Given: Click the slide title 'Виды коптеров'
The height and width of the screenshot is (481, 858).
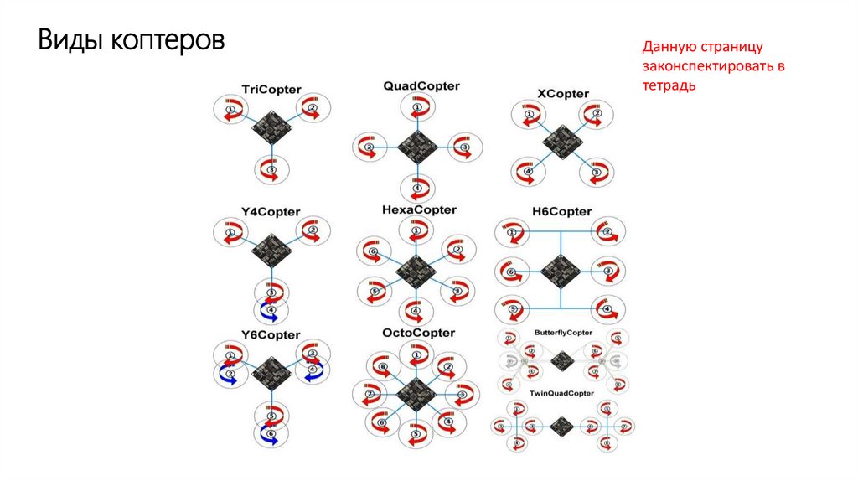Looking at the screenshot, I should pyautogui.click(x=131, y=40).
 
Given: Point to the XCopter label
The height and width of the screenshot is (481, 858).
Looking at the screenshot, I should pyautogui.click(x=562, y=93).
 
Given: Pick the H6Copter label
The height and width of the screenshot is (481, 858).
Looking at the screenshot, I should pyautogui.click(x=561, y=211).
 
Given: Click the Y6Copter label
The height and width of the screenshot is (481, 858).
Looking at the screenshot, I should pyautogui.click(x=271, y=334).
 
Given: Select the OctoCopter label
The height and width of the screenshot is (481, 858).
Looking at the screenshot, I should pyautogui.click(x=419, y=333).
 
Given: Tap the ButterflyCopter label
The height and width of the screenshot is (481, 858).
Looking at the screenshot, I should pyautogui.click(x=563, y=333).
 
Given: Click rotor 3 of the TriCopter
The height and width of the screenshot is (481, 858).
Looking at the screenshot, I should pyautogui.click(x=271, y=169).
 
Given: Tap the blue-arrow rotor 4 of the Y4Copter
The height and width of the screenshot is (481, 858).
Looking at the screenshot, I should pyautogui.click(x=271, y=312).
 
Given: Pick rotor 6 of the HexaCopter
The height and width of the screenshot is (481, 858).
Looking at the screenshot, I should pyautogui.click(x=375, y=251).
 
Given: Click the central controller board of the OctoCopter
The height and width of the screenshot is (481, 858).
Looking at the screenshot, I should pyautogui.click(x=416, y=392).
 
